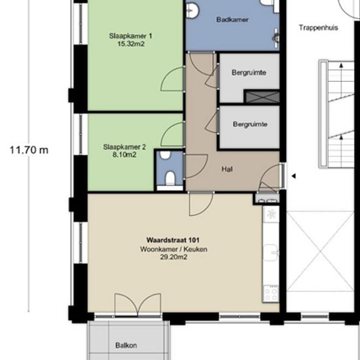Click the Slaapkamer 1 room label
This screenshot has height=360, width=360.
(x=130, y=36)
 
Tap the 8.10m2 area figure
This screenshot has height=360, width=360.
(x=124, y=154)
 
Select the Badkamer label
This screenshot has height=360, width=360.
(x=232, y=20)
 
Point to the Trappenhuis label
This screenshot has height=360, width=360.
(x=319, y=27)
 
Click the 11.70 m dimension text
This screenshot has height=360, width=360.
(x=29, y=150)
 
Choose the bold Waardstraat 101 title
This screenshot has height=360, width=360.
(x=173, y=240)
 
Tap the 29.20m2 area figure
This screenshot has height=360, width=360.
(x=173, y=257)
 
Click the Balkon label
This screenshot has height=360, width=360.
(x=126, y=346)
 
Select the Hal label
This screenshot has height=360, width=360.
(x=227, y=170)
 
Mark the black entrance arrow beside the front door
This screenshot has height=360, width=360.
(x=293, y=176)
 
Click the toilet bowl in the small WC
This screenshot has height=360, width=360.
(x=170, y=178)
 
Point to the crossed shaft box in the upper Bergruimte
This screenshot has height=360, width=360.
(x=262, y=96)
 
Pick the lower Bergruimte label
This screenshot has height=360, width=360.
(x=250, y=124)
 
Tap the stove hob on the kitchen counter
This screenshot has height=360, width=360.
(x=271, y=293)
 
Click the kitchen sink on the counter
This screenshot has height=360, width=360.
(x=271, y=253)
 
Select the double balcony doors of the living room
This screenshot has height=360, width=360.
(x=137, y=304)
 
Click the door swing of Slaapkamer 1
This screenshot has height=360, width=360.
(x=172, y=79)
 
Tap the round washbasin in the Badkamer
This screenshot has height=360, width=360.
(x=192, y=10)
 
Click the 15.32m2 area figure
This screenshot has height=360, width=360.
(x=131, y=44)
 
